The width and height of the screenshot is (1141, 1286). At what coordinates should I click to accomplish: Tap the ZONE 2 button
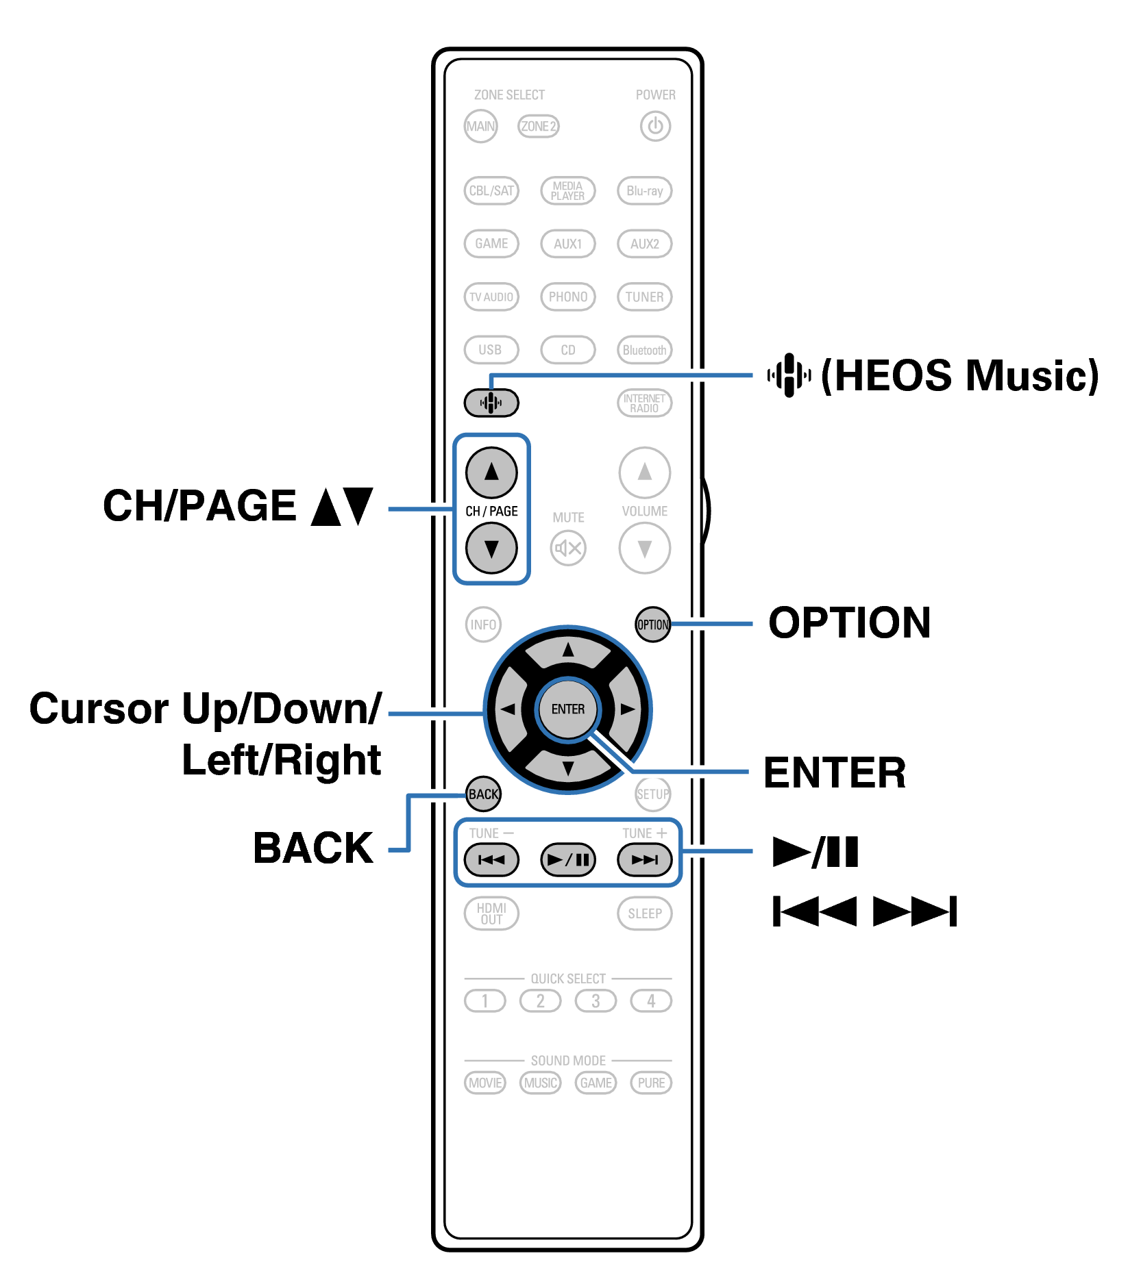[x=538, y=126]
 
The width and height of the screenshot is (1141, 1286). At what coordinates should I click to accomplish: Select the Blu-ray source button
[x=644, y=190]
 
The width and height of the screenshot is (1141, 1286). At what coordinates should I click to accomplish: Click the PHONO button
[x=567, y=297]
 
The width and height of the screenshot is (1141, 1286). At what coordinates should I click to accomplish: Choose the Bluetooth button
[x=644, y=350]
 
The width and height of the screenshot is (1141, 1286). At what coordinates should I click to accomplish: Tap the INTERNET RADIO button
[x=644, y=403]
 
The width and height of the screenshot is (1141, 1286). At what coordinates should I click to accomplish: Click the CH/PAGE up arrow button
[x=491, y=472]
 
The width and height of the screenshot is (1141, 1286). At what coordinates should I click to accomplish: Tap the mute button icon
[x=568, y=548]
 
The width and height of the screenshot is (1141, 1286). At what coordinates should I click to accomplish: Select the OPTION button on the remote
[x=652, y=625]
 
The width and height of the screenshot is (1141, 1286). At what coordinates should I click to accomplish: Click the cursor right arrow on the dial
[x=627, y=709]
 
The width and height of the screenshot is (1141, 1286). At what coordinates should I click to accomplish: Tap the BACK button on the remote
[x=483, y=794]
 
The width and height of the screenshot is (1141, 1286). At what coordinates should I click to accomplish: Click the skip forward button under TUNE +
[x=644, y=859]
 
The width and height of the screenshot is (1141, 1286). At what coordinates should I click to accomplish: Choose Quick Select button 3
[x=596, y=1001]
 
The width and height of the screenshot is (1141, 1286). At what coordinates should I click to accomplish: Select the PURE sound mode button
[x=651, y=1083]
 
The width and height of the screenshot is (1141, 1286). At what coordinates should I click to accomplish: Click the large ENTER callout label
[x=835, y=772]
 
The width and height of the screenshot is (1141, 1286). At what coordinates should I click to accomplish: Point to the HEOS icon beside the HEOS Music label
[x=789, y=375]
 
